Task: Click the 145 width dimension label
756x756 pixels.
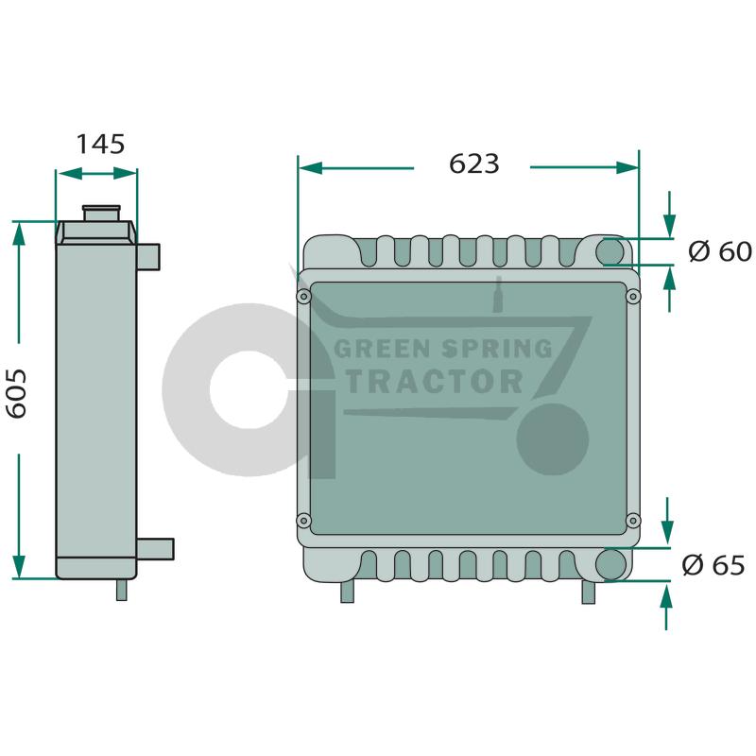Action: (x=100, y=145)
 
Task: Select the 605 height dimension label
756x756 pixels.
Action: (x=16, y=393)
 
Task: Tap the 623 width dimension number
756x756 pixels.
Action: (x=474, y=163)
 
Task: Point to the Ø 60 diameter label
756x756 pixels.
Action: (x=720, y=251)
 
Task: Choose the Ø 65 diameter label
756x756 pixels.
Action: (x=713, y=564)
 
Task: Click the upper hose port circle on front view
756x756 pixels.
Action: (x=610, y=251)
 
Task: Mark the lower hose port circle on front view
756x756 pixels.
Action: (x=610, y=564)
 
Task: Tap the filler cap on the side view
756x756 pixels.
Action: (x=101, y=214)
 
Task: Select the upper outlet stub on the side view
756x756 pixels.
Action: (x=148, y=257)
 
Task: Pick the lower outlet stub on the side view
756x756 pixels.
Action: (x=155, y=549)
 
